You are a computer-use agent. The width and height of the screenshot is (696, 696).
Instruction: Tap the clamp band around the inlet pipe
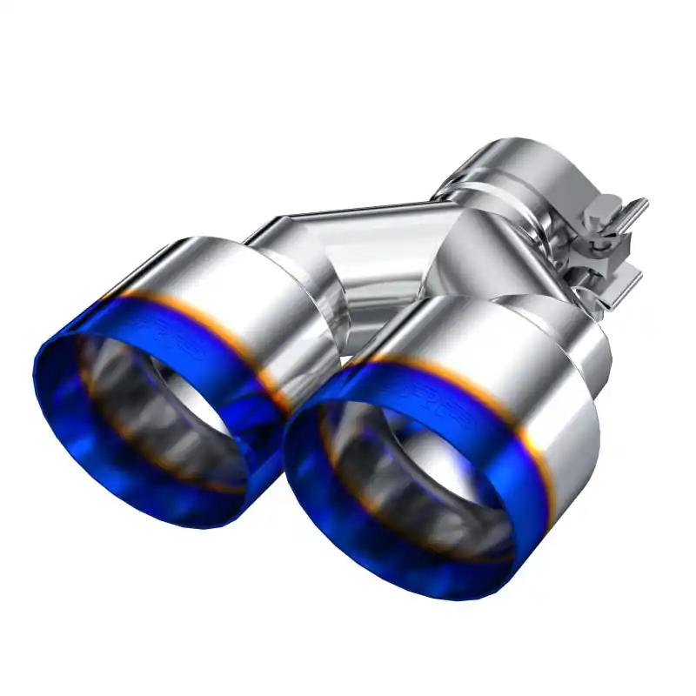pos(522,200)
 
